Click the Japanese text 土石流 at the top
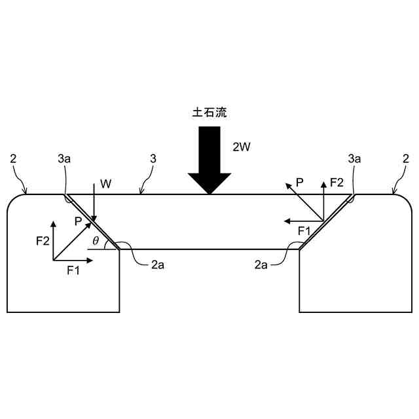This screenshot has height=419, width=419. tap(209, 113)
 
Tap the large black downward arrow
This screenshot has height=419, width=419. tap(209, 160)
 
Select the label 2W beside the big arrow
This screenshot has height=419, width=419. tap(242, 147)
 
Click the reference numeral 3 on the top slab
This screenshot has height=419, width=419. tap(153, 158)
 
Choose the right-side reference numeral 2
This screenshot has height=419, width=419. tap(406, 158)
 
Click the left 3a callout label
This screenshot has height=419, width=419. tap(64, 158)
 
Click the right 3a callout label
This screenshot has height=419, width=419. tap(355, 158)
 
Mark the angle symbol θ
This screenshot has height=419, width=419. tap(96, 242)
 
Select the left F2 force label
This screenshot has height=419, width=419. tap(41, 241)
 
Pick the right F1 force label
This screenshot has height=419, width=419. tap(304, 230)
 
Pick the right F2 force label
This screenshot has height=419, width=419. tap(337, 183)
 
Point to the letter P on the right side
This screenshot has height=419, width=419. tap(299, 183)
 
